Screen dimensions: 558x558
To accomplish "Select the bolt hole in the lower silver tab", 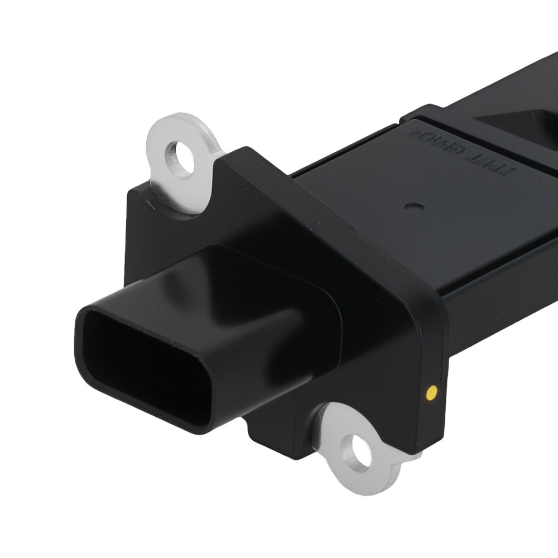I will pyautogui.click(x=357, y=450).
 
